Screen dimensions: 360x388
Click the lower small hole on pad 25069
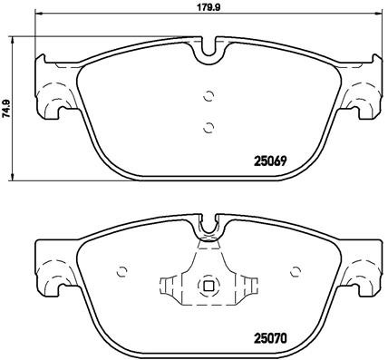point(209,127)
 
